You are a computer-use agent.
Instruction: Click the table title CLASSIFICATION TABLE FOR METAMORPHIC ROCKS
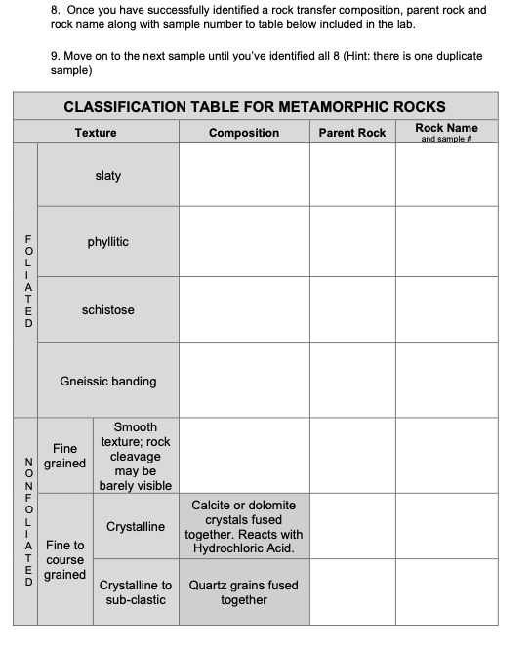(254, 106)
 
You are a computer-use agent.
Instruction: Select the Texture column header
(96, 133)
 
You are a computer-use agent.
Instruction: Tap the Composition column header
(244, 133)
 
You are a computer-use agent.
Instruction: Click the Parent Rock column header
(352, 133)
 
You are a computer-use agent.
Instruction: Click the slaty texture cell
(108, 176)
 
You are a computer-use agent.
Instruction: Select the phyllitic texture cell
(108, 242)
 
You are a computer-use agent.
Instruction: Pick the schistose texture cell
(108, 310)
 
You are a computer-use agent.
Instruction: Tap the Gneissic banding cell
(108, 382)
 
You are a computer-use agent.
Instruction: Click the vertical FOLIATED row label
(27, 280)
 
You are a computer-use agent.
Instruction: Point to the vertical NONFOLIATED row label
(27, 520)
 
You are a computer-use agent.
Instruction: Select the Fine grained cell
(64, 456)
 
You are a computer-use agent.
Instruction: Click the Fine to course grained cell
(64, 559)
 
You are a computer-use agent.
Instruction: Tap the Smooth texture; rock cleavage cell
(136, 456)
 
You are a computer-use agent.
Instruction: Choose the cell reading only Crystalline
(136, 527)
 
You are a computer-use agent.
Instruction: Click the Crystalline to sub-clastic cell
(136, 592)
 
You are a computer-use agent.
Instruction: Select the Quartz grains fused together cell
(244, 592)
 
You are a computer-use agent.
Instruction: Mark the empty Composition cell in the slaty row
(244, 176)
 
